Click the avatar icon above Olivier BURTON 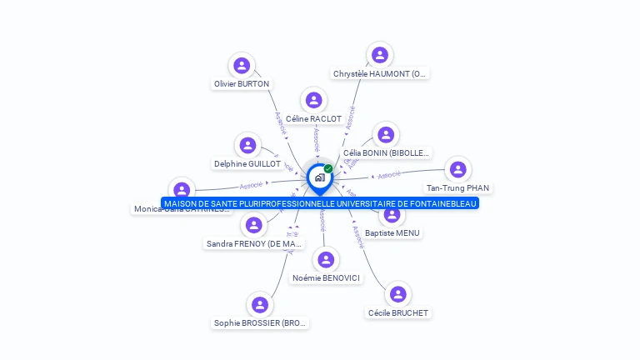(242, 66)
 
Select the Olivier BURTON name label (242, 84)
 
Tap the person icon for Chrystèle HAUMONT (380, 55)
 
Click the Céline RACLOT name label (313, 119)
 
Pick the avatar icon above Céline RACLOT (314, 101)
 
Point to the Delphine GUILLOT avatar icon (247, 146)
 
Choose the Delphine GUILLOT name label (247, 164)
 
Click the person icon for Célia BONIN (385, 134)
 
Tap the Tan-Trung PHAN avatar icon (457, 169)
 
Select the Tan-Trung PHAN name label (457, 187)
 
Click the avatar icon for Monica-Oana (182, 191)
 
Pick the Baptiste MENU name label (392, 233)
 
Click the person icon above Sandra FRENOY (253, 224)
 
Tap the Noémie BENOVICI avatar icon (327, 259)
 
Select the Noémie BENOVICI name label (327, 277)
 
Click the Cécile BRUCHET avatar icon (398, 294)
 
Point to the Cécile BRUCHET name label (398, 312)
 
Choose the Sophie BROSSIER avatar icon (260, 304)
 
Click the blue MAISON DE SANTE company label (320, 203)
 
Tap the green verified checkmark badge (328, 168)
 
